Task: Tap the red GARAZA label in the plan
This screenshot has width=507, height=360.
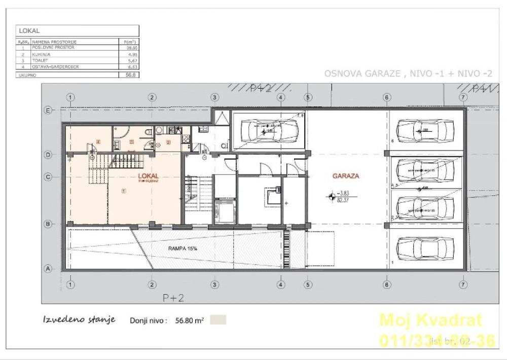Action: tap(346, 176)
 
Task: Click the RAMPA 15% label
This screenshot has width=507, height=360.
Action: tap(183, 249)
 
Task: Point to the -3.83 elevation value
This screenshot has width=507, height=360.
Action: tap(345, 193)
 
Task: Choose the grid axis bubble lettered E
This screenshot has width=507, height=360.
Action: tap(49, 110)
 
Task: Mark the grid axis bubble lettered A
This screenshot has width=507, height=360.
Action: tap(49, 269)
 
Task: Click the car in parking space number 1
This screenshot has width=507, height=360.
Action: tap(426, 248)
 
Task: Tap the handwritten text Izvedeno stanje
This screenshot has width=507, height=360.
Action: tap(79, 319)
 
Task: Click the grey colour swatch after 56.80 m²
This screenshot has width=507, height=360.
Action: tap(219, 320)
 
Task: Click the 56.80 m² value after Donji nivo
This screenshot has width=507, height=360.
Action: tap(189, 320)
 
